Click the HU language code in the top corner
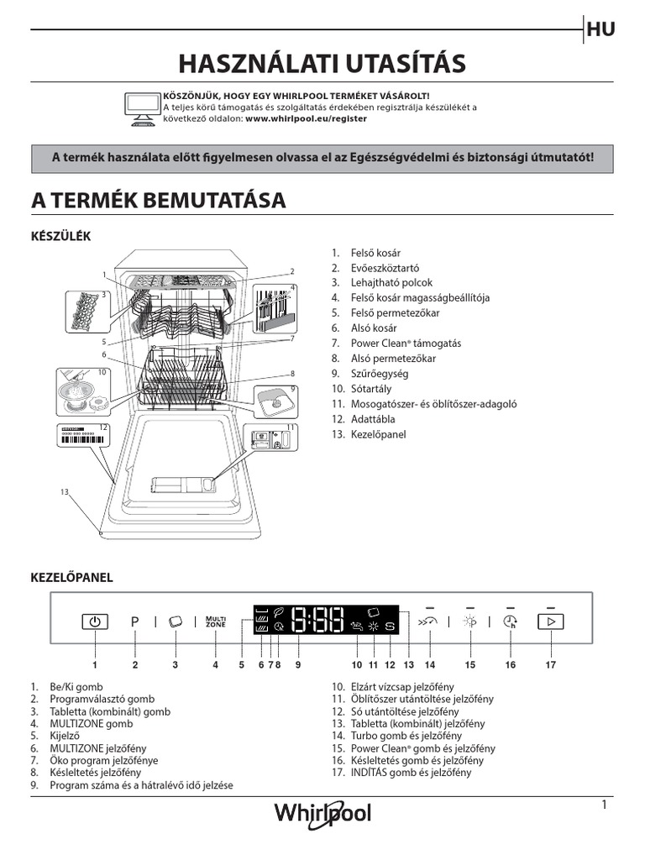pos(601,30)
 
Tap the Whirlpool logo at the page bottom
pos(322,813)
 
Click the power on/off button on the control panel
pos(95,621)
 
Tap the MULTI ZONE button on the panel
pos(216,621)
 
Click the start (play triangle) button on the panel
pos(551,621)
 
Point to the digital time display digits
pos(317,621)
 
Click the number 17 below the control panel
pos(551,665)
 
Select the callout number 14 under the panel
pos(431,665)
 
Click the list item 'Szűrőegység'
pos(370,374)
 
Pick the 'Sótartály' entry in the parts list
pos(370,389)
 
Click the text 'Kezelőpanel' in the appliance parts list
pos(378,434)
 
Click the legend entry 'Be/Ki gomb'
pos(77,686)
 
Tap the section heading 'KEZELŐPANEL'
pos(71,578)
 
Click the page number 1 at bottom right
pos(604,805)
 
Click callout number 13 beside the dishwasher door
pos(64,491)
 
